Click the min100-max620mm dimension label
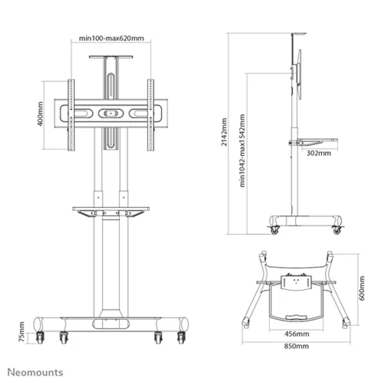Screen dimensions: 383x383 tap(112, 38)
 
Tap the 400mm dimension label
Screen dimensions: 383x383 tap(40, 114)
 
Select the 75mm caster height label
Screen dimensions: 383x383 tap(22, 331)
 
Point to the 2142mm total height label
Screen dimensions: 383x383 tap(224, 132)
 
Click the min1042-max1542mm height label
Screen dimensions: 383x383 tap(242, 151)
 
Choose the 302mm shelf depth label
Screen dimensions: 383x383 tap(318, 153)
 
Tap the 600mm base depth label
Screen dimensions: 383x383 tap(362, 288)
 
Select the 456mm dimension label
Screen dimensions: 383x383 tap(297, 334)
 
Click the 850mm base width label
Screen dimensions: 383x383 tap(296, 346)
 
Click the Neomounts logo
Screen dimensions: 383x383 tap(35, 372)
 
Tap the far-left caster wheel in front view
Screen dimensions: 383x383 tap(40, 338)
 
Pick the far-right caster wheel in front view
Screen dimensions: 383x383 tap(181, 338)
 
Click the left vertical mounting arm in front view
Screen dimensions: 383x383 tap(71, 115)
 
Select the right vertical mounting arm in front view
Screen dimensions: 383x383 tap(151, 115)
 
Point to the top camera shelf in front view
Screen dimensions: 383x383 tap(111, 57)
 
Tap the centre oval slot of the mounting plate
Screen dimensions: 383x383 tap(111, 113)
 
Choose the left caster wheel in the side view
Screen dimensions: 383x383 tap(274, 230)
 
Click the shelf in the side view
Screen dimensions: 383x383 tap(314, 142)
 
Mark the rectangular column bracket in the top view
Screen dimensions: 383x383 tap(296, 283)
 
